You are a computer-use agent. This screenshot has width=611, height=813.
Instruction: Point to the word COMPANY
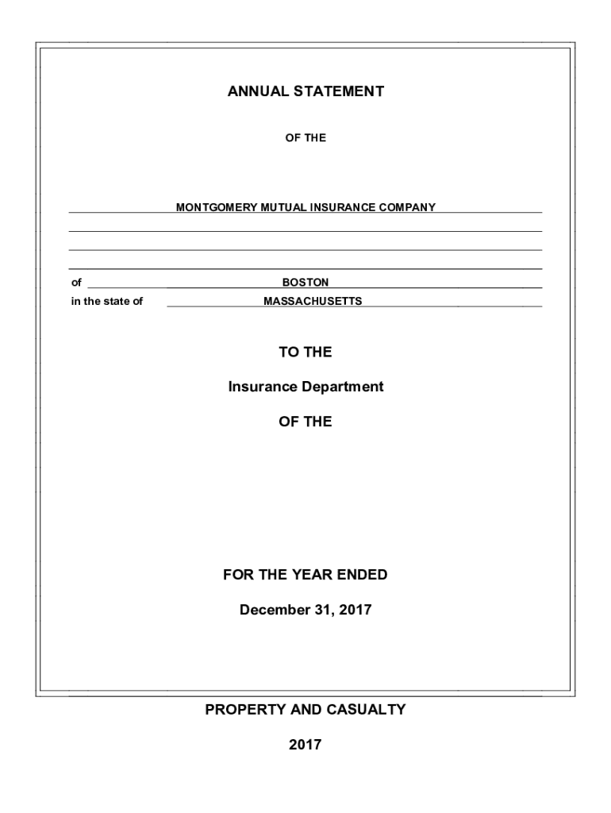click(408, 207)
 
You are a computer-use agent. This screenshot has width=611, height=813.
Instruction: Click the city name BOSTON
click(305, 282)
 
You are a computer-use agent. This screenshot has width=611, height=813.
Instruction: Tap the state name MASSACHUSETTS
click(313, 301)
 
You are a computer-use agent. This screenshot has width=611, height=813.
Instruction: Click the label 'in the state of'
click(107, 301)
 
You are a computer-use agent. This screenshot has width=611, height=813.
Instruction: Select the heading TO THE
click(305, 352)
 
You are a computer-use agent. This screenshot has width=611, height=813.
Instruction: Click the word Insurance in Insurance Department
click(262, 387)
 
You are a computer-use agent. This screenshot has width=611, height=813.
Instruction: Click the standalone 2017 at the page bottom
click(305, 745)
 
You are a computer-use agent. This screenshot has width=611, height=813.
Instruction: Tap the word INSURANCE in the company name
click(346, 207)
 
